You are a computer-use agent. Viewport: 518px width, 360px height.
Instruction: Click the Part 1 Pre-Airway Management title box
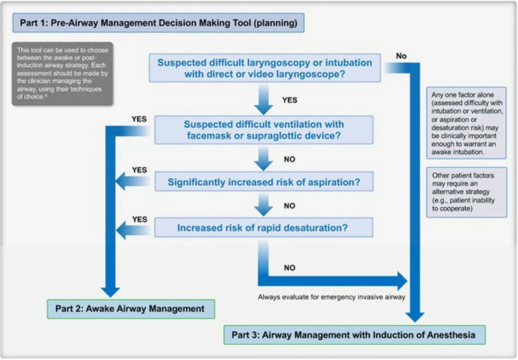(x=158, y=23)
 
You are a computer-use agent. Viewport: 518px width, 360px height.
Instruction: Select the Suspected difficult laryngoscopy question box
(x=264, y=68)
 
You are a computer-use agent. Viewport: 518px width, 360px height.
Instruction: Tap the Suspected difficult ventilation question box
(x=264, y=130)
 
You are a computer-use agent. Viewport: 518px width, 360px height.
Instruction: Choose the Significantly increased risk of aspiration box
(x=264, y=182)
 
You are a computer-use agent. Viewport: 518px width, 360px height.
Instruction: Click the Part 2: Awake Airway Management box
(x=130, y=309)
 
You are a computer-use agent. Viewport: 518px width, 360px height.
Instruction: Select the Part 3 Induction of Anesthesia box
(x=354, y=335)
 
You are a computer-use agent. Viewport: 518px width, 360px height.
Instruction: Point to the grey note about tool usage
(x=62, y=73)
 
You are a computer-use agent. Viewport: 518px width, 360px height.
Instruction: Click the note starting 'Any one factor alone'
(x=466, y=123)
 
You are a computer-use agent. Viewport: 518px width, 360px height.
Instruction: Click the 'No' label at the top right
(x=401, y=56)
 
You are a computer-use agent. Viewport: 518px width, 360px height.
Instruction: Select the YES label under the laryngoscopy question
(x=289, y=100)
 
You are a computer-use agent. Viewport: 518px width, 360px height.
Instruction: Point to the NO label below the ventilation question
(x=289, y=159)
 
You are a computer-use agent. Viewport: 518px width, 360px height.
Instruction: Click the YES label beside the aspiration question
(x=139, y=170)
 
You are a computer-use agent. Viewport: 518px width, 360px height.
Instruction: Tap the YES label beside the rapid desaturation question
(x=139, y=219)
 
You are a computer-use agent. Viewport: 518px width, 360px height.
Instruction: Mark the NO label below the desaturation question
(x=289, y=268)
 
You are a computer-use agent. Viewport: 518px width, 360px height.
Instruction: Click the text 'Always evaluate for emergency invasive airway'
(x=331, y=297)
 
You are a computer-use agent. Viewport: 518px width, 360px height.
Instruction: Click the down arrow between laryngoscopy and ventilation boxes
(x=264, y=101)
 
